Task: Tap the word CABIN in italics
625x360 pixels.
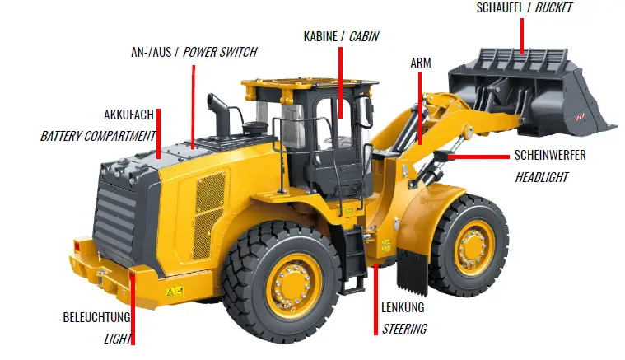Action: pos(364,36)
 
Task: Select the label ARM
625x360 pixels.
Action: pos(420,63)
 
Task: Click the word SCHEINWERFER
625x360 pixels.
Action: pos(550,155)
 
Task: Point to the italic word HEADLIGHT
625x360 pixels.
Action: pos(541,176)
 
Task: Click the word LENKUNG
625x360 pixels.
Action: pos(403,308)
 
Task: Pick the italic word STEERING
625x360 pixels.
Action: pos(404,329)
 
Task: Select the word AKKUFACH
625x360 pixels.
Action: pos(128,115)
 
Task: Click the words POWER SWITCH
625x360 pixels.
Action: pos(220,52)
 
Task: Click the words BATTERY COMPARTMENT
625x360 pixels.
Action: pos(98,135)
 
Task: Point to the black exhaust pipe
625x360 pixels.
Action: pos(221,115)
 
